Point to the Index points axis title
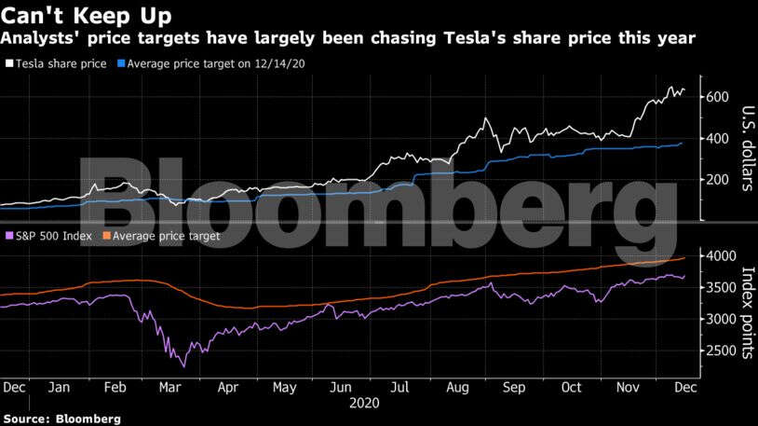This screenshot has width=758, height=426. pos(745,311)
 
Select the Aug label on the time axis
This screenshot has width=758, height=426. pos(458,387)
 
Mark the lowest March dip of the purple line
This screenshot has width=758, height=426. pos(183,366)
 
